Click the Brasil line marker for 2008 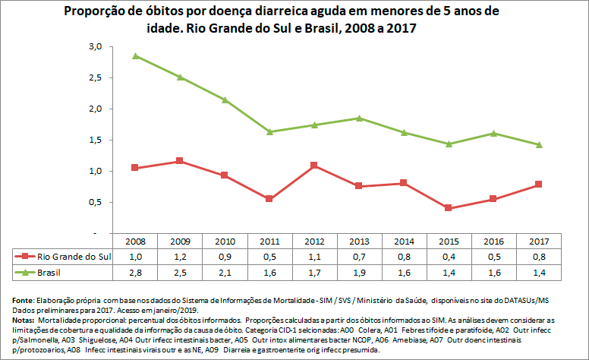(x=134, y=55)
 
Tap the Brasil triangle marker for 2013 (x=360, y=118)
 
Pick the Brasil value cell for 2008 (x=134, y=271)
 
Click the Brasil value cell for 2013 (x=360, y=271)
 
